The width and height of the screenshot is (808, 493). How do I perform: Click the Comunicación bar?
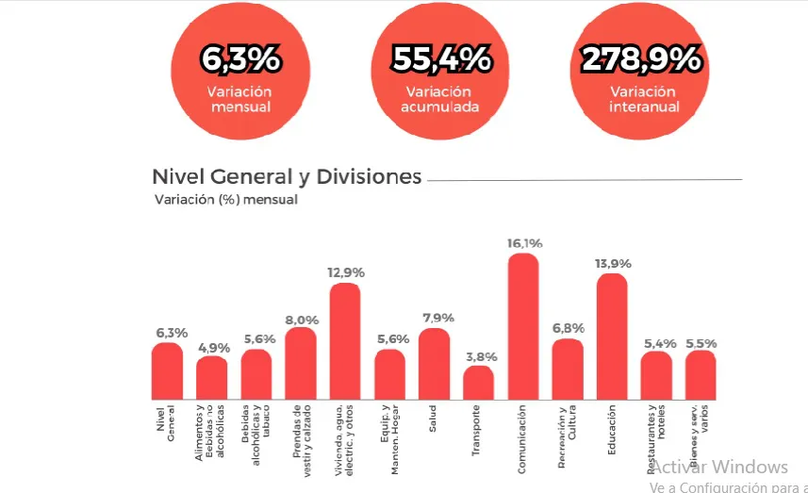(x=523, y=326)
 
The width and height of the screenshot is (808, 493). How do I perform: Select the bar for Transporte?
(x=478, y=382)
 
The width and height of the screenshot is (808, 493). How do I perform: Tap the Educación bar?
(x=612, y=336)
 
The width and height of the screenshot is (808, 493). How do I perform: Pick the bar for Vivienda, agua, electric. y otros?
(x=345, y=340)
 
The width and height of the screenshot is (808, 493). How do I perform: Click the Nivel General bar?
(x=167, y=370)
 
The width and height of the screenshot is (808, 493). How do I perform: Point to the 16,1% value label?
(x=524, y=243)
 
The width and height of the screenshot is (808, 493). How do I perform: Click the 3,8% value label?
(x=479, y=356)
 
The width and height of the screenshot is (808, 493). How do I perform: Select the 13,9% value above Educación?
(x=613, y=264)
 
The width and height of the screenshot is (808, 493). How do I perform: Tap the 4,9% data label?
(x=212, y=348)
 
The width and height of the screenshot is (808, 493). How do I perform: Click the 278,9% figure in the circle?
(x=641, y=59)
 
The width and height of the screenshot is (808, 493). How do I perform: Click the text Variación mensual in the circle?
(x=240, y=99)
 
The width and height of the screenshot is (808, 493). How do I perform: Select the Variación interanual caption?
(x=642, y=99)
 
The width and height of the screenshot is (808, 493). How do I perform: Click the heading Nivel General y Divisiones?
(x=287, y=176)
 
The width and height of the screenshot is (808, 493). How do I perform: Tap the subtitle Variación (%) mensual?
(x=225, y=200)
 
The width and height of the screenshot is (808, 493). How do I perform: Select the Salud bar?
(x=434, y=363)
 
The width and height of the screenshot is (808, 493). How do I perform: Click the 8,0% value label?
(x=301, y=319)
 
